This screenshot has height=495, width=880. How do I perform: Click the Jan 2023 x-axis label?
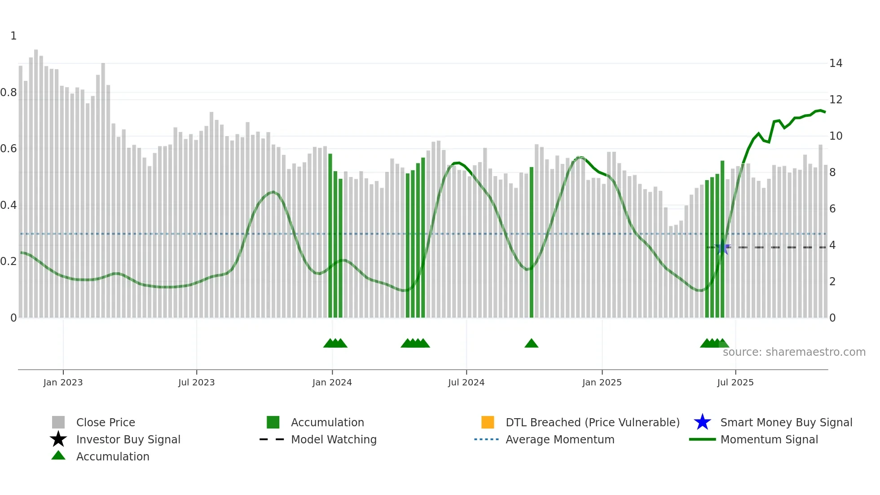point(63,382)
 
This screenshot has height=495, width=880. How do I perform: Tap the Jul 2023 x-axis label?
point(196,382)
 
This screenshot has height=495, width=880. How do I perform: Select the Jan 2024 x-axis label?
point(332,382)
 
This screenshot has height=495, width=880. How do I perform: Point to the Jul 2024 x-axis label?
point(466,382)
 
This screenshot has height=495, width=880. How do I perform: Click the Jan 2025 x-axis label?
point(602,382)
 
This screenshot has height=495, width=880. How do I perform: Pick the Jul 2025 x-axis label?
point(735,382)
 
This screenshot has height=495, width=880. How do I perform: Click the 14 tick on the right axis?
point(836,63)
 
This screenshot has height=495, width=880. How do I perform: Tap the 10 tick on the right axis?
point(836,136)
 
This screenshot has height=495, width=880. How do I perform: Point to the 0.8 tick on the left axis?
point(9,93)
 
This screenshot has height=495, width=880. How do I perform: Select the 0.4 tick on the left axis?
point(9,205)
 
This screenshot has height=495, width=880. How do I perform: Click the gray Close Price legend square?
point(58,422)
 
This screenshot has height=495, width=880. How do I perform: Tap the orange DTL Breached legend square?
point(488,422)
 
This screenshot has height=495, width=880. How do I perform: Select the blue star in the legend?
point(702,422)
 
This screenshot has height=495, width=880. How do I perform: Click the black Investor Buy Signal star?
point(58,439)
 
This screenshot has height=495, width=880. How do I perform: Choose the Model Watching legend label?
point(334,439)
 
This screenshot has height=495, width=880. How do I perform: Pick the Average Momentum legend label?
point(560,439)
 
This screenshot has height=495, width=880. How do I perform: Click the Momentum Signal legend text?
point(769,439)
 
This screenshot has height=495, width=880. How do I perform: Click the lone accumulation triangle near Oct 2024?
point(531,344)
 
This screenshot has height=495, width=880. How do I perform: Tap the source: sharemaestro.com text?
point(794,352)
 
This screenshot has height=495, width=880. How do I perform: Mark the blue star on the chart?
point(722,247)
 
